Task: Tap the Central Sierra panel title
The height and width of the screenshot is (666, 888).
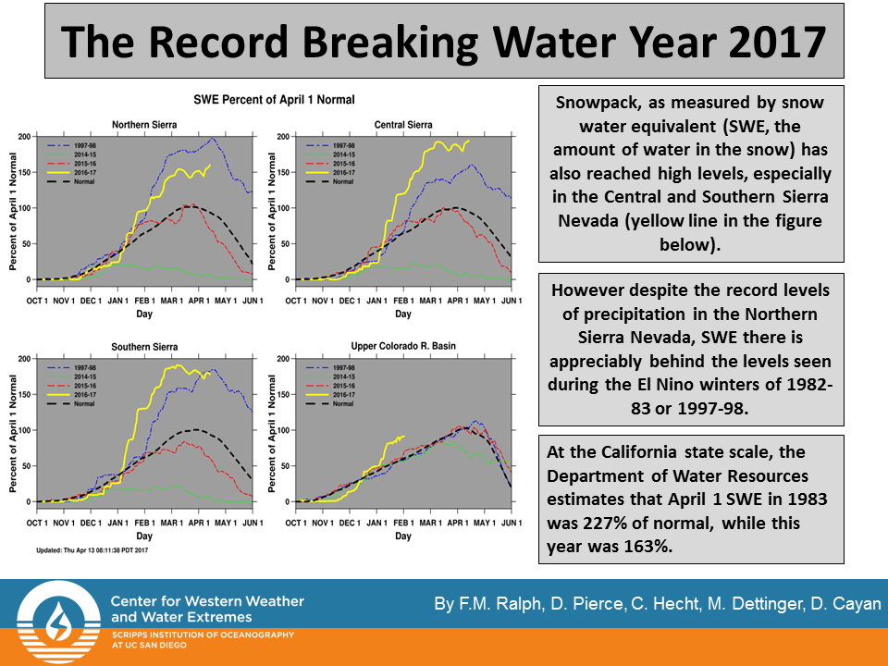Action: click(x=403, y=125)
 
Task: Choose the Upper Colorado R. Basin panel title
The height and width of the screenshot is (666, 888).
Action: click(x=403, y=347)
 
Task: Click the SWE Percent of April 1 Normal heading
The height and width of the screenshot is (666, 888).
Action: click(x=274, y=99)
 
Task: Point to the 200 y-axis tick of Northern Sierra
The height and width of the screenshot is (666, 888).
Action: click(x=23, y=137)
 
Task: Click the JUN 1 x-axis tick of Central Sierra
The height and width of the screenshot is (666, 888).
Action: click(x=512, y=302)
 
